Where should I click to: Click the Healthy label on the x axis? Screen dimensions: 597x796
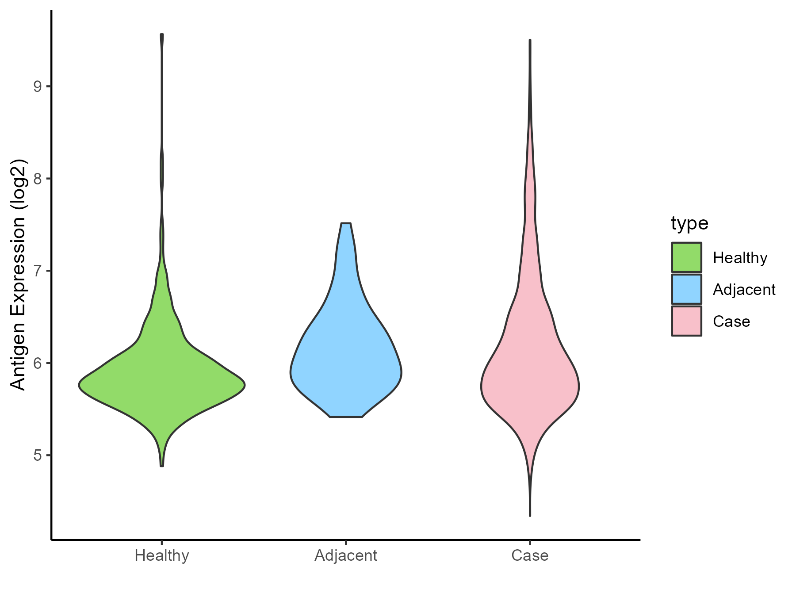162,555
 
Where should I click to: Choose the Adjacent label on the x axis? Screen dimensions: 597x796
346,555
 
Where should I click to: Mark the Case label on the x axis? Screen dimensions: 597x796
530,555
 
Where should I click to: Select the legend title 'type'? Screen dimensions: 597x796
689,223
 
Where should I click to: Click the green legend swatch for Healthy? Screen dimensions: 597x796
686,257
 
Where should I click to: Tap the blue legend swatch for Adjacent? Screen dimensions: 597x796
686,289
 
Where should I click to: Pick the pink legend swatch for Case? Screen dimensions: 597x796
686,321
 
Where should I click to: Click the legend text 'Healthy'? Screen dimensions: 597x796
740,258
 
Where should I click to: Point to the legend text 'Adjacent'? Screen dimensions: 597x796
744,290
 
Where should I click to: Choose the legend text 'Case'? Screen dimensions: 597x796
731,321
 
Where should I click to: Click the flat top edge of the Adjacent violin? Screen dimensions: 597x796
346,224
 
